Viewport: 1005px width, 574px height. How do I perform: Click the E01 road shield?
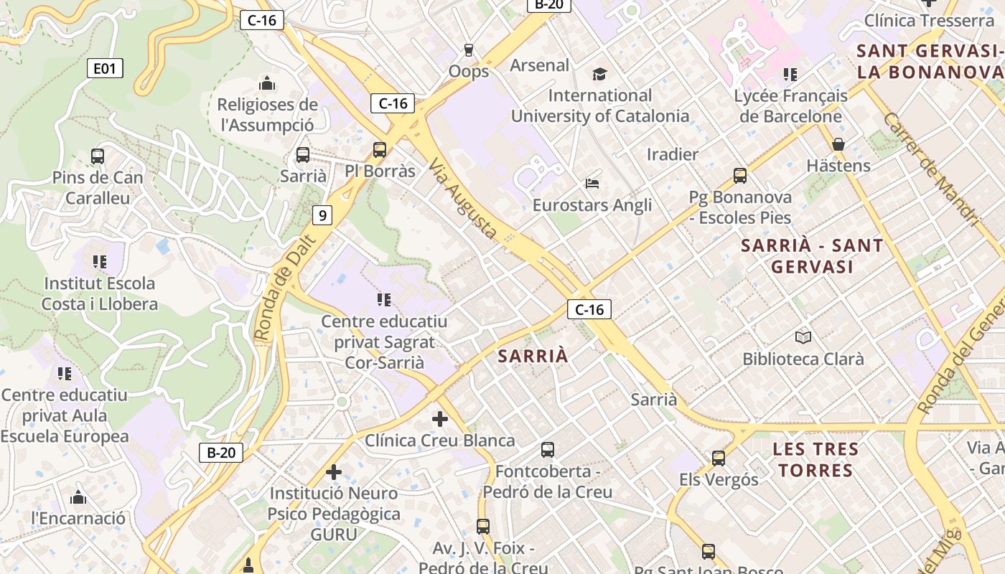pyautogui.click(x=105, y=69)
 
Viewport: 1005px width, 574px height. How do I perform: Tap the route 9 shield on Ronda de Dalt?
pyautogui.click(x=323, y=215)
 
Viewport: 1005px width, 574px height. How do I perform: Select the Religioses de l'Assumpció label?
pyautogui.click(x=267, y=115)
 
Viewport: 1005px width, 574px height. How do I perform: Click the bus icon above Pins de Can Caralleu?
pyautogui.click(x=98, y=156)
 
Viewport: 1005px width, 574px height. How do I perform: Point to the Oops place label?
pyautogui.click(x=469, y=71)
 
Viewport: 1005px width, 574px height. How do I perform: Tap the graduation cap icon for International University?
pyautogui.click(x=599, y=74)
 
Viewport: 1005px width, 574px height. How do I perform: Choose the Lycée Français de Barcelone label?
pyautogui.click(x=790, y=105)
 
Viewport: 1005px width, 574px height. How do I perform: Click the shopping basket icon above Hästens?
pyautogui.click(x=838, y=144)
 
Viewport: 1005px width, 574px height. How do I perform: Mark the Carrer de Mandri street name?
pyautogui.click(x=930, y=169)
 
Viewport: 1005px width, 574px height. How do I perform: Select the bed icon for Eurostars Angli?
pyautogui.click(x=592, y=184)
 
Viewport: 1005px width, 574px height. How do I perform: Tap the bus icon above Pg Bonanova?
pyautogui.click(x=740, y=175)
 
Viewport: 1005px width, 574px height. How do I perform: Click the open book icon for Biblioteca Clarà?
pyautogui.click(x=803, y=337)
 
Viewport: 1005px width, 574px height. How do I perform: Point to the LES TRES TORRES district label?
pyautogui.click(x=815, y=460)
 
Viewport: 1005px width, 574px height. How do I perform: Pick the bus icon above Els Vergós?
pyautogui.click(x=719, y=458)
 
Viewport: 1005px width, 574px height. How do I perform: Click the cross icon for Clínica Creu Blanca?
pyautogui.click(x=440, y=418)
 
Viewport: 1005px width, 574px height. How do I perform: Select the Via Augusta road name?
pyautogui.click(x=464, y=199)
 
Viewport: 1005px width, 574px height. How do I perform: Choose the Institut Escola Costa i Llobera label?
pyautogui.click(x=99, y=293)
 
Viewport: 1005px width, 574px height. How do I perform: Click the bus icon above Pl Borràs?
pyautogui.click(x=380, y=150)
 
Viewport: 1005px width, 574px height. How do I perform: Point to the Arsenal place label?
pyautogui.click(x=539, y=65)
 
